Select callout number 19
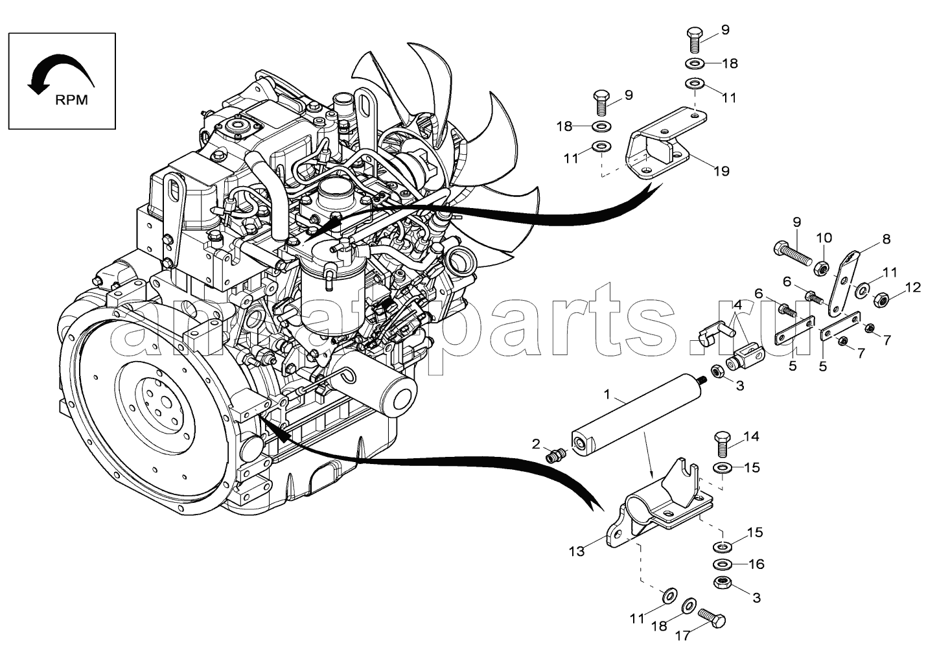coord(721,171)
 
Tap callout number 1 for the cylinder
coord(607,394)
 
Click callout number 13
coord(577,551)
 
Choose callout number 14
coord(751,437)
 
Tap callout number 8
coord(885,239)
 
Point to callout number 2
coord(536,444)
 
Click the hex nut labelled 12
coord(881,301)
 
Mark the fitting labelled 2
coord(555,455)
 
